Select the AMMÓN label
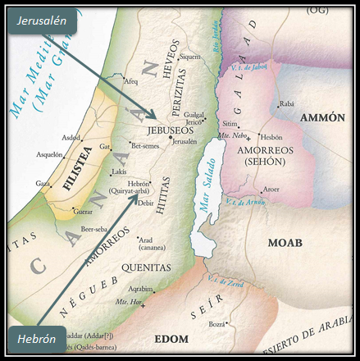click(x=323, y=118)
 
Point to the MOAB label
click(x=285, y=243)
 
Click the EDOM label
click(x=171, y=338)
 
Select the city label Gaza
click(x=43, y=185)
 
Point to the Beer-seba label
click(x=97, y=229)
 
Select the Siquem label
click(x=190, y=57)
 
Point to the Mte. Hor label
click(x=128, y=302)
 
